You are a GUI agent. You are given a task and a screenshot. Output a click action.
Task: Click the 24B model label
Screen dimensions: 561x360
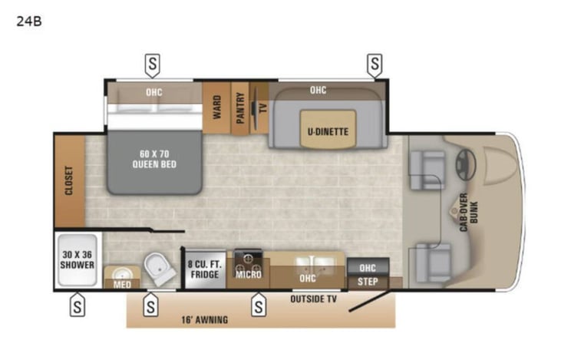[x=29, y=21]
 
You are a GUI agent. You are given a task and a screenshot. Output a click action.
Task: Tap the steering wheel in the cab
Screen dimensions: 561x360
[x=465, y=164]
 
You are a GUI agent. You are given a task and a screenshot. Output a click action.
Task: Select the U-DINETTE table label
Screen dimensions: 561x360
[x=328, y=132]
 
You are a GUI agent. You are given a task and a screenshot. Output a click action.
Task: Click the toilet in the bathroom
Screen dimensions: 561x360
[x=159, y=269]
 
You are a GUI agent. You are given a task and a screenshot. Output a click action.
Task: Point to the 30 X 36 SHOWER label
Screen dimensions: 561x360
[x=78, y=259]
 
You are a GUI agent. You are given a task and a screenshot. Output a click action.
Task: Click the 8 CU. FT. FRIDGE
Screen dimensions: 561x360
[x=205, y=269]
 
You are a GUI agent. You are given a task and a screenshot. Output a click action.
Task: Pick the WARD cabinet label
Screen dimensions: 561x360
[x=217, y=107]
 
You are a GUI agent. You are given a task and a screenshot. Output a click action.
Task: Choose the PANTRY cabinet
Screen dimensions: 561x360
[x=240, y=108]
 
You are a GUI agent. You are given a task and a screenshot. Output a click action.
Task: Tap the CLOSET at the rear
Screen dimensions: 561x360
[x=70, y=181]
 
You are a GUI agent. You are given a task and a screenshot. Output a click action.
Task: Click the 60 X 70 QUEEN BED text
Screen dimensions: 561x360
[x=154, y=159]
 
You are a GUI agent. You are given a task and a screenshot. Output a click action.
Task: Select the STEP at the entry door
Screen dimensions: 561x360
[x=368, y=282]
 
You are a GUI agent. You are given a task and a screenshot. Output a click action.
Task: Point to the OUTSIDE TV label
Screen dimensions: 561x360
[x=313, y=299]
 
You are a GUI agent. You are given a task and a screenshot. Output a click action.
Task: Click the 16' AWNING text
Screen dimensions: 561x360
[x=205, y=319]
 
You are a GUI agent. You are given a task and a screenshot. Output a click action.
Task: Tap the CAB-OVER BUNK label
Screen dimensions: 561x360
[x=468, y=212]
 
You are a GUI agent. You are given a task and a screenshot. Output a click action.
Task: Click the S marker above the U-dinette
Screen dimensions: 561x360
[x=375, y=65]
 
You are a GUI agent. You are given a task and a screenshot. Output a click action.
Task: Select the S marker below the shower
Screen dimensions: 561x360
[x=78, y=305]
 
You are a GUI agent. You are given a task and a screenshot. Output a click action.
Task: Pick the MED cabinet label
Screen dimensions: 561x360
[x=122, y=285]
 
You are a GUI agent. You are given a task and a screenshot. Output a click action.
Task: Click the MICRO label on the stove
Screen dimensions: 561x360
[x=249, y=275]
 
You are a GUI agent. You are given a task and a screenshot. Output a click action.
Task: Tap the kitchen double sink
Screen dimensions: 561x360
[x=315, y=265]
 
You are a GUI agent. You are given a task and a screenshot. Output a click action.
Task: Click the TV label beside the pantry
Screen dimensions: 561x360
[x=263, y=107]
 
